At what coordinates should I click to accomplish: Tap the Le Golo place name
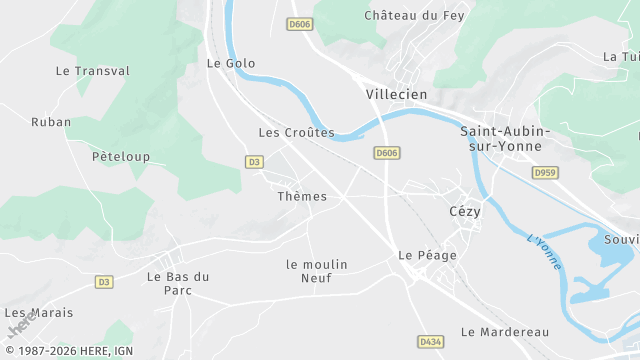[231, 63]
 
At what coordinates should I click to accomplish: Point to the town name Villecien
[397, 94]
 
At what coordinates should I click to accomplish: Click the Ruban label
[51, 122]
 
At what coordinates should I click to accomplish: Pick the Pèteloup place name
[120, 157]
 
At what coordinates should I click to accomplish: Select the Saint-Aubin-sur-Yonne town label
[505, 138]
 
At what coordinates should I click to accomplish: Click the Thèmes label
[302, 197]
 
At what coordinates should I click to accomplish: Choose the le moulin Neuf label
[316, 271]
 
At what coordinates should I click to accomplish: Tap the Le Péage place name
[427, 255]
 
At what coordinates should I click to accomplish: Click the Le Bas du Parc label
[178, 283]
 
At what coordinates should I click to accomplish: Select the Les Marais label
[39, 313]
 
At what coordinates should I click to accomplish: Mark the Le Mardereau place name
[505, 331]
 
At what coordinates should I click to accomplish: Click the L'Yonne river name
[545, 255]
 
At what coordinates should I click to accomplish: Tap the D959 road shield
[545, 173]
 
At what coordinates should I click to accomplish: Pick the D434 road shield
[430, 342]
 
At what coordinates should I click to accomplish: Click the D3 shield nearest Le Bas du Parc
[104, 282]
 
